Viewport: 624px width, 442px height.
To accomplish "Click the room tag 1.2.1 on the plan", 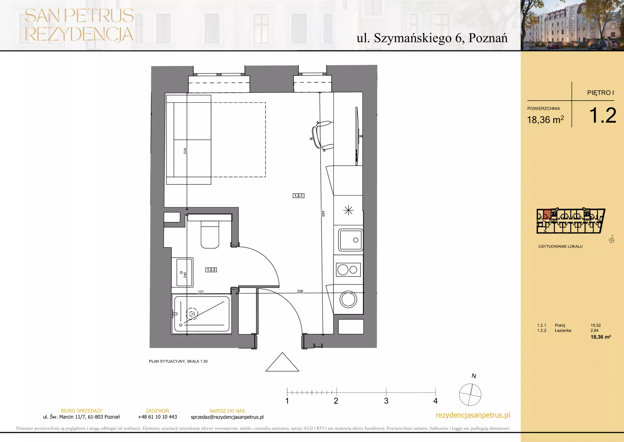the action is coord(298,196).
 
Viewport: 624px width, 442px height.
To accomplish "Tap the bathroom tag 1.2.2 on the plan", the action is coord(211,270).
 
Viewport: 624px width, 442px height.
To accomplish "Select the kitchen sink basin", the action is coord(350,240).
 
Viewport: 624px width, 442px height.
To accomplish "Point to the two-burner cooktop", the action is coord(348,269).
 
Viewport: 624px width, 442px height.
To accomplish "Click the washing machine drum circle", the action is coord(348,299).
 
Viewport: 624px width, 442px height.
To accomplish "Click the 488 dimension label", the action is coord(323,214).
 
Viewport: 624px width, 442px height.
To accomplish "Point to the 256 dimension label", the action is coord(300,291).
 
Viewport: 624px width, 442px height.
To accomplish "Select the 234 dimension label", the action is coord(185,151).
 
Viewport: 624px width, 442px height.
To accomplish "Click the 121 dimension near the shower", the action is coord(201,292).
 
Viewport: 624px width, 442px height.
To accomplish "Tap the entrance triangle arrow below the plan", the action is coord(282,362).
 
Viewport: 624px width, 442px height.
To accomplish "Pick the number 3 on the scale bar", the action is coord(386,401).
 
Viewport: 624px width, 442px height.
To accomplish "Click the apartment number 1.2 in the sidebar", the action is coord(603,116).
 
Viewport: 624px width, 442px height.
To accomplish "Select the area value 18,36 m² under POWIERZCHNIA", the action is coord(545,120).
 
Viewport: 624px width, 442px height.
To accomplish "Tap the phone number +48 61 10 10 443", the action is coord(158,417).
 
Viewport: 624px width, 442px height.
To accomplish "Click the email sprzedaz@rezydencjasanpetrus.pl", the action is coord(227,417).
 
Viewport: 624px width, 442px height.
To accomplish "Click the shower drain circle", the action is coord(192,314).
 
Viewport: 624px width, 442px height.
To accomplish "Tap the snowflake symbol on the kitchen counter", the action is coord(348,210).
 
